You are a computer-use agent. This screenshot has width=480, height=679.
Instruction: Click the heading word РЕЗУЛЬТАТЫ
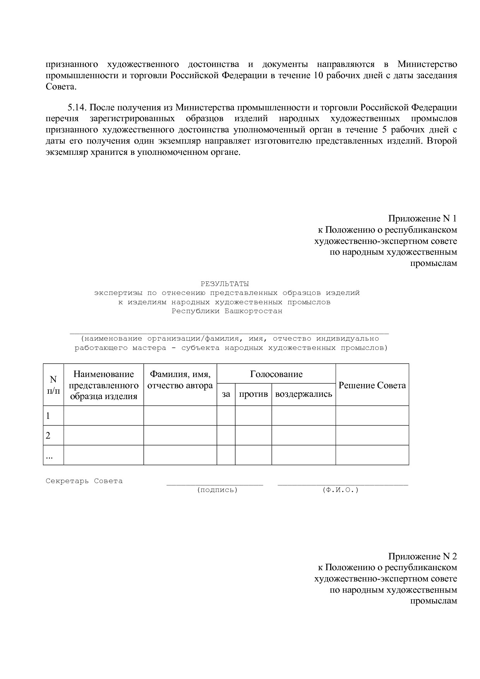pyautogui.click(x=225, y=284)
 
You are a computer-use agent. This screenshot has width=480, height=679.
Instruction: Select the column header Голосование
pyautogui.click(x=276, y=374)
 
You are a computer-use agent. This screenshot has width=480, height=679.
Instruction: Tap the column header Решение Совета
pyautogui.click(x=372, y=385)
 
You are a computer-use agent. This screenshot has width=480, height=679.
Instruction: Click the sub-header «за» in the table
pyautogui.click(x=226, y=394)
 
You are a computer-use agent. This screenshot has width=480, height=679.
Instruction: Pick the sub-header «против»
pyautogui.click(x=253, y=394)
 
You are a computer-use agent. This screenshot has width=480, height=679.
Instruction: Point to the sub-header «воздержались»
pyautogui.click(x=303, y=394)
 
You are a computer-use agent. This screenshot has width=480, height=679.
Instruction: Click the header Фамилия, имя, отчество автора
pyautogui.click(x=180, y=380)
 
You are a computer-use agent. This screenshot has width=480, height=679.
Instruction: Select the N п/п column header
pyautogui.click(x=53, y=385)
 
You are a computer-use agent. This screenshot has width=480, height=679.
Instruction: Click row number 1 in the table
pyautogui.click(x=48, y=416)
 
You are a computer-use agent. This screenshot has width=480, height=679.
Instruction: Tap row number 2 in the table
pyautogui.click(x=48, y=436)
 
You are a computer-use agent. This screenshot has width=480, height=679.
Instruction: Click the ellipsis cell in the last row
pyautogui.click(x=49, y=456)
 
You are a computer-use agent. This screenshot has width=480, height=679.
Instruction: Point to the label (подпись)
pyautogui.click(x=217, y=490)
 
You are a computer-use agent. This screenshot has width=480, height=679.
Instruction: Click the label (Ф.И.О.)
pyautogui.click(x=340, y=490)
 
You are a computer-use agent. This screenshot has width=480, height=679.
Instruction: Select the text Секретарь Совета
pyautogui.click(x=84, y=481)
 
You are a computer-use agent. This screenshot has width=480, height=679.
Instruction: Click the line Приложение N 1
pyautogui.click(x=422, y=219)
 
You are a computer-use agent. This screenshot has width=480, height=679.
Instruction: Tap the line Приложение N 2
pyautogui.click(x=422, y=556)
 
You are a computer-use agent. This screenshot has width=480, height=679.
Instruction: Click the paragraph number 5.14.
pyautogui.click(x=79, y=107)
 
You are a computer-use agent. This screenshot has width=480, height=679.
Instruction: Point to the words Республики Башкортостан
pyautogui.click(x=227, y=311)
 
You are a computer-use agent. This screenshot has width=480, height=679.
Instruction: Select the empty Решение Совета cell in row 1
pyautogui.click(x=372, y=416)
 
